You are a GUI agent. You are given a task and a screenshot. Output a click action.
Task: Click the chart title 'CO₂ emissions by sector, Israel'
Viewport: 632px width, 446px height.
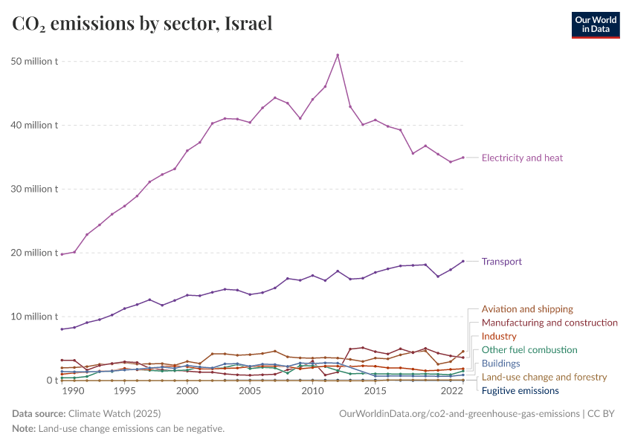142,24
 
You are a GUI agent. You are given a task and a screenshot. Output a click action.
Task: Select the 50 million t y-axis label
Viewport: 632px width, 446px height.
34,61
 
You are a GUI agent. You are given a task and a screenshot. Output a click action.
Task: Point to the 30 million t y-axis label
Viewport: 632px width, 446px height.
34,189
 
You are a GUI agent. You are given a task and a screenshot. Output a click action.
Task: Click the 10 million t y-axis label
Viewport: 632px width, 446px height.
34,317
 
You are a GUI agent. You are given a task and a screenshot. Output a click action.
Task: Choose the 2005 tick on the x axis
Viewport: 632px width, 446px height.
250,391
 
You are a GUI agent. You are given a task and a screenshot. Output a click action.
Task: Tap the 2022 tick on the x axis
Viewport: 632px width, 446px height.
451,391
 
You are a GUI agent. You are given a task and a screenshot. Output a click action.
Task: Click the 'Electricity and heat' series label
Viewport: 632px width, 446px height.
522,158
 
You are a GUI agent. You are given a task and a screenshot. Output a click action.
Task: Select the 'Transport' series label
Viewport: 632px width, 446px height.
501,262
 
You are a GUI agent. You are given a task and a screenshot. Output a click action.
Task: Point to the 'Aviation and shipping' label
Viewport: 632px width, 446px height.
527,308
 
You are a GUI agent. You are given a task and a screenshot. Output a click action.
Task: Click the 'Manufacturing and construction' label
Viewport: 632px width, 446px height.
549,323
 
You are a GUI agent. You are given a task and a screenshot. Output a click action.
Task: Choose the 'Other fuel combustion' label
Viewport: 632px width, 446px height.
529,349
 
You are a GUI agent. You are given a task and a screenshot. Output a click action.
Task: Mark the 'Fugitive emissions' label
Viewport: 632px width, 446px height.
520,390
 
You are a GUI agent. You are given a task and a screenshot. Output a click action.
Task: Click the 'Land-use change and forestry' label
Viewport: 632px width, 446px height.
544,377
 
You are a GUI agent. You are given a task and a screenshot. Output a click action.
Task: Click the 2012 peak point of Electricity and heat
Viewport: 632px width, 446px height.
338,55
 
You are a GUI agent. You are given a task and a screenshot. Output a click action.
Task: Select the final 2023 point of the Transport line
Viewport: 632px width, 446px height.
463,261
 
